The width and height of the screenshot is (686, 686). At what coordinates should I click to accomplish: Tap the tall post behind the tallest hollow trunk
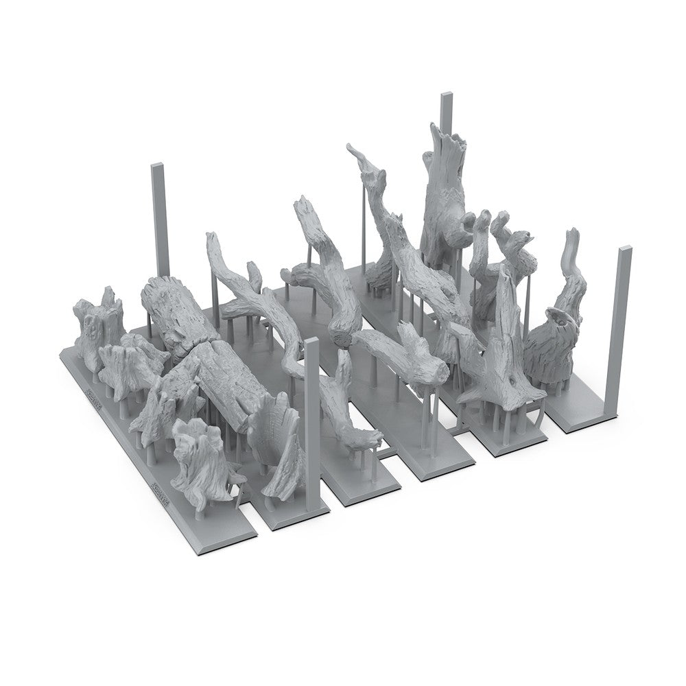pos(447,110)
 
